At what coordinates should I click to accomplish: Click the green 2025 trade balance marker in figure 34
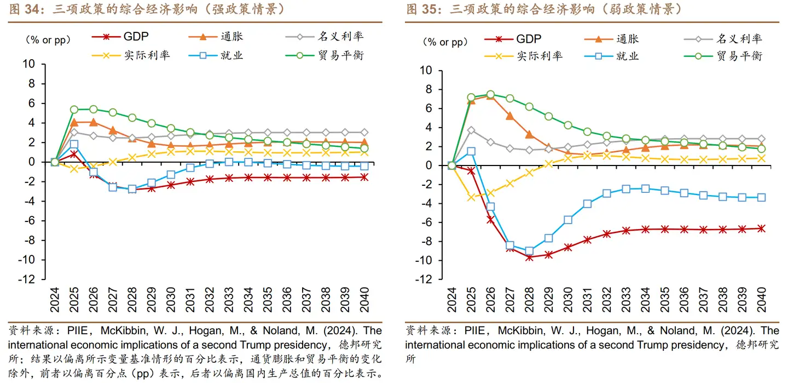click(74, 110)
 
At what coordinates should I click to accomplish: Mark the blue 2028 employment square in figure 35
click(529, 251)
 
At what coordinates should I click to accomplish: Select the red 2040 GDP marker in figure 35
click(761, 228)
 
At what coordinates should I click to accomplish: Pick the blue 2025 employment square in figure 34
click(74, 144)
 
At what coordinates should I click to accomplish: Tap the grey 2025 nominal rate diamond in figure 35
click(471, 130)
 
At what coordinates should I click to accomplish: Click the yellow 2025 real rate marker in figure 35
click(471, 197)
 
